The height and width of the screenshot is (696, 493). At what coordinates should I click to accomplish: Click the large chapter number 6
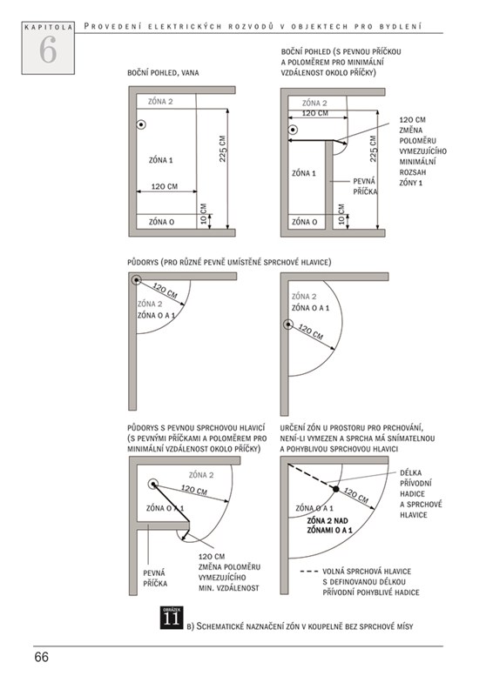48,50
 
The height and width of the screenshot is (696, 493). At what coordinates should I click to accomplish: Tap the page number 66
41,657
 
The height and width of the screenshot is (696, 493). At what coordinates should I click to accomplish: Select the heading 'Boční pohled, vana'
163,73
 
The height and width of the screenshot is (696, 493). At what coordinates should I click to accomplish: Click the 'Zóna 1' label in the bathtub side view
161,160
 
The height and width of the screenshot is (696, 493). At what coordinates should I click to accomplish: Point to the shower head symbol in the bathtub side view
141,124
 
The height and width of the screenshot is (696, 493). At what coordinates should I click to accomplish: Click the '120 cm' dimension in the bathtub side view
165,186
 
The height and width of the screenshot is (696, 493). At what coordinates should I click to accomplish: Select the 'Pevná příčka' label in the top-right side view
365,186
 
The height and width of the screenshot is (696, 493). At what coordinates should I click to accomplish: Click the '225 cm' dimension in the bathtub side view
223,149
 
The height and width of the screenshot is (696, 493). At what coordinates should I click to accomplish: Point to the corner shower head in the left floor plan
137,279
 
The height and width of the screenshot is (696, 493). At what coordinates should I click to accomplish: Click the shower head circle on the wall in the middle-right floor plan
288,325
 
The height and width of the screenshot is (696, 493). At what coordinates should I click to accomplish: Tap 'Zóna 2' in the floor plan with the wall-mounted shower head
304,296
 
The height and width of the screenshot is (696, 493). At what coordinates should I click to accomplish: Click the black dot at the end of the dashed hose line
336,489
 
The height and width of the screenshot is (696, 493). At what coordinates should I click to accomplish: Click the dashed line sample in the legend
309,572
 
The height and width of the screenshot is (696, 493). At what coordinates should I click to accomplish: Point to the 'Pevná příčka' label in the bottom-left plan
155,578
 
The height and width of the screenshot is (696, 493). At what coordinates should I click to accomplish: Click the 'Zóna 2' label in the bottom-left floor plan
201,475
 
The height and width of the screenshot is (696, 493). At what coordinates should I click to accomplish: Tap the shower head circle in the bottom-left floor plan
153,484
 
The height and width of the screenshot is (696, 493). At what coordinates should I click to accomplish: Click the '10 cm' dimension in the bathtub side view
204,213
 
